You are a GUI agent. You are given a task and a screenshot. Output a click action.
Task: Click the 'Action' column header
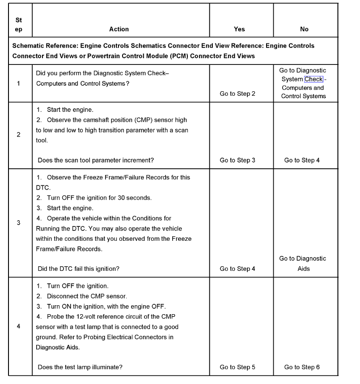point(119,29)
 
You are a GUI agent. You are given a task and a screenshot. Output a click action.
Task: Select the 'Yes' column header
point(239,29)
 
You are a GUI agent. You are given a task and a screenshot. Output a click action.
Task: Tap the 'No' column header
point(304,29)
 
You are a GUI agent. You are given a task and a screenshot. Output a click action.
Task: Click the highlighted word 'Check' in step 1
point(313,79)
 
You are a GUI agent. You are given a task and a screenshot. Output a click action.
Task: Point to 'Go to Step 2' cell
point(237,94)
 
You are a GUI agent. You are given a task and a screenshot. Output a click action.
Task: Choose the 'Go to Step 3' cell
point(237,160)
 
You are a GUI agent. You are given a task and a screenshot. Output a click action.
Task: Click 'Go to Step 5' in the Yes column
point(237,367)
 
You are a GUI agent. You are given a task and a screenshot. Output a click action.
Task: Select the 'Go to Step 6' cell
point(302,367)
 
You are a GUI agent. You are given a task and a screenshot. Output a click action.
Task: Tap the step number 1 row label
point(18,83)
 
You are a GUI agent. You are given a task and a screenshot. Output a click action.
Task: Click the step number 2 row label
point(18,135)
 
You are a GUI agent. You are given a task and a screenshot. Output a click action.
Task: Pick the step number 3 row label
point(18,222)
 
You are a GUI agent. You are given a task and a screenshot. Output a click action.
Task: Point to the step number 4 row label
point(18,326)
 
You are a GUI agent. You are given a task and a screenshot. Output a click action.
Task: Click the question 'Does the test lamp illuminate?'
point(80,367)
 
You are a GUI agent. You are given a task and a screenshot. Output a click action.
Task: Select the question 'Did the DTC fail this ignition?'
point(79,269)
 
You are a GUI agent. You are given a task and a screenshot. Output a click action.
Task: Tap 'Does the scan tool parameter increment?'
point(96,160)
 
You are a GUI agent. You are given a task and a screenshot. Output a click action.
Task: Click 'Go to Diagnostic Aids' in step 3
point(303,264)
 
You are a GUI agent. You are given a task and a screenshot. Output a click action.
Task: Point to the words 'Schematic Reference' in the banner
point(43,46)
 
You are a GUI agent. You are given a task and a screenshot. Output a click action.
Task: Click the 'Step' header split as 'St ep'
point(18,25)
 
